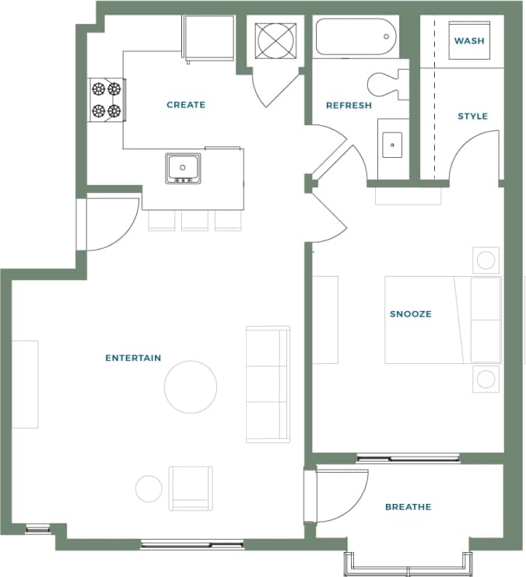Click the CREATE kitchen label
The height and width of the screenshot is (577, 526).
point(186,105)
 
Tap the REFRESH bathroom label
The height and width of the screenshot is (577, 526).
point(349,105)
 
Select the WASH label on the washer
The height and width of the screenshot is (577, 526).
point(470,40)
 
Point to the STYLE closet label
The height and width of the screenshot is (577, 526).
point(472,116)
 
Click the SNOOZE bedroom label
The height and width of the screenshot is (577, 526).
point(410,314)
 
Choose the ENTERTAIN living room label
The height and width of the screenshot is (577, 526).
point(133,358)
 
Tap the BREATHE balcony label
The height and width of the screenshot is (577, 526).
point(408,507)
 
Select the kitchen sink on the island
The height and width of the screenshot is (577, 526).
point(183,167)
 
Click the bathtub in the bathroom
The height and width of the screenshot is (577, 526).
point(356,37)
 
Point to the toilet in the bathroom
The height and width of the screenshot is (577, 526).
point(387,82)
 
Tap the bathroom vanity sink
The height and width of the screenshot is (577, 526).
point(392,144)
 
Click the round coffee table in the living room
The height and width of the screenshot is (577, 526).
point(191,386)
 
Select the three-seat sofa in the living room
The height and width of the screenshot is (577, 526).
point(268,384)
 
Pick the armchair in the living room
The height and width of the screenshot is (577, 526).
point(191,488)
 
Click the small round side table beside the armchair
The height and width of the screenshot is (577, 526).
point(149,488)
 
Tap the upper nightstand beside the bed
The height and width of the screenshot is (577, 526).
point(486,260)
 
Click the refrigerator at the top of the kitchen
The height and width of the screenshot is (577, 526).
point(208,37)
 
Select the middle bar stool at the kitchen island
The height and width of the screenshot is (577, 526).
point(195,220)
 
